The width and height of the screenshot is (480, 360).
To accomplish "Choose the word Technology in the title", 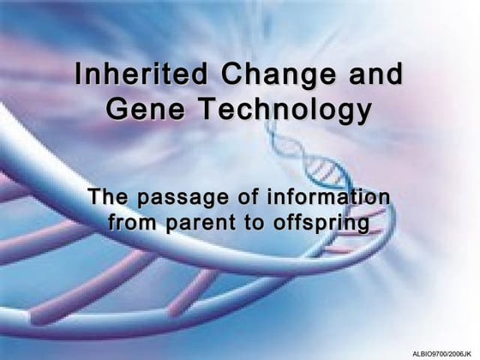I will pos(287,110).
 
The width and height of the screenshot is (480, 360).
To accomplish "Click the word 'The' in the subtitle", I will pos(111,198).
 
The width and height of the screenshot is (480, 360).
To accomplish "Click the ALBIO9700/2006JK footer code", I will pos(442,353).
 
